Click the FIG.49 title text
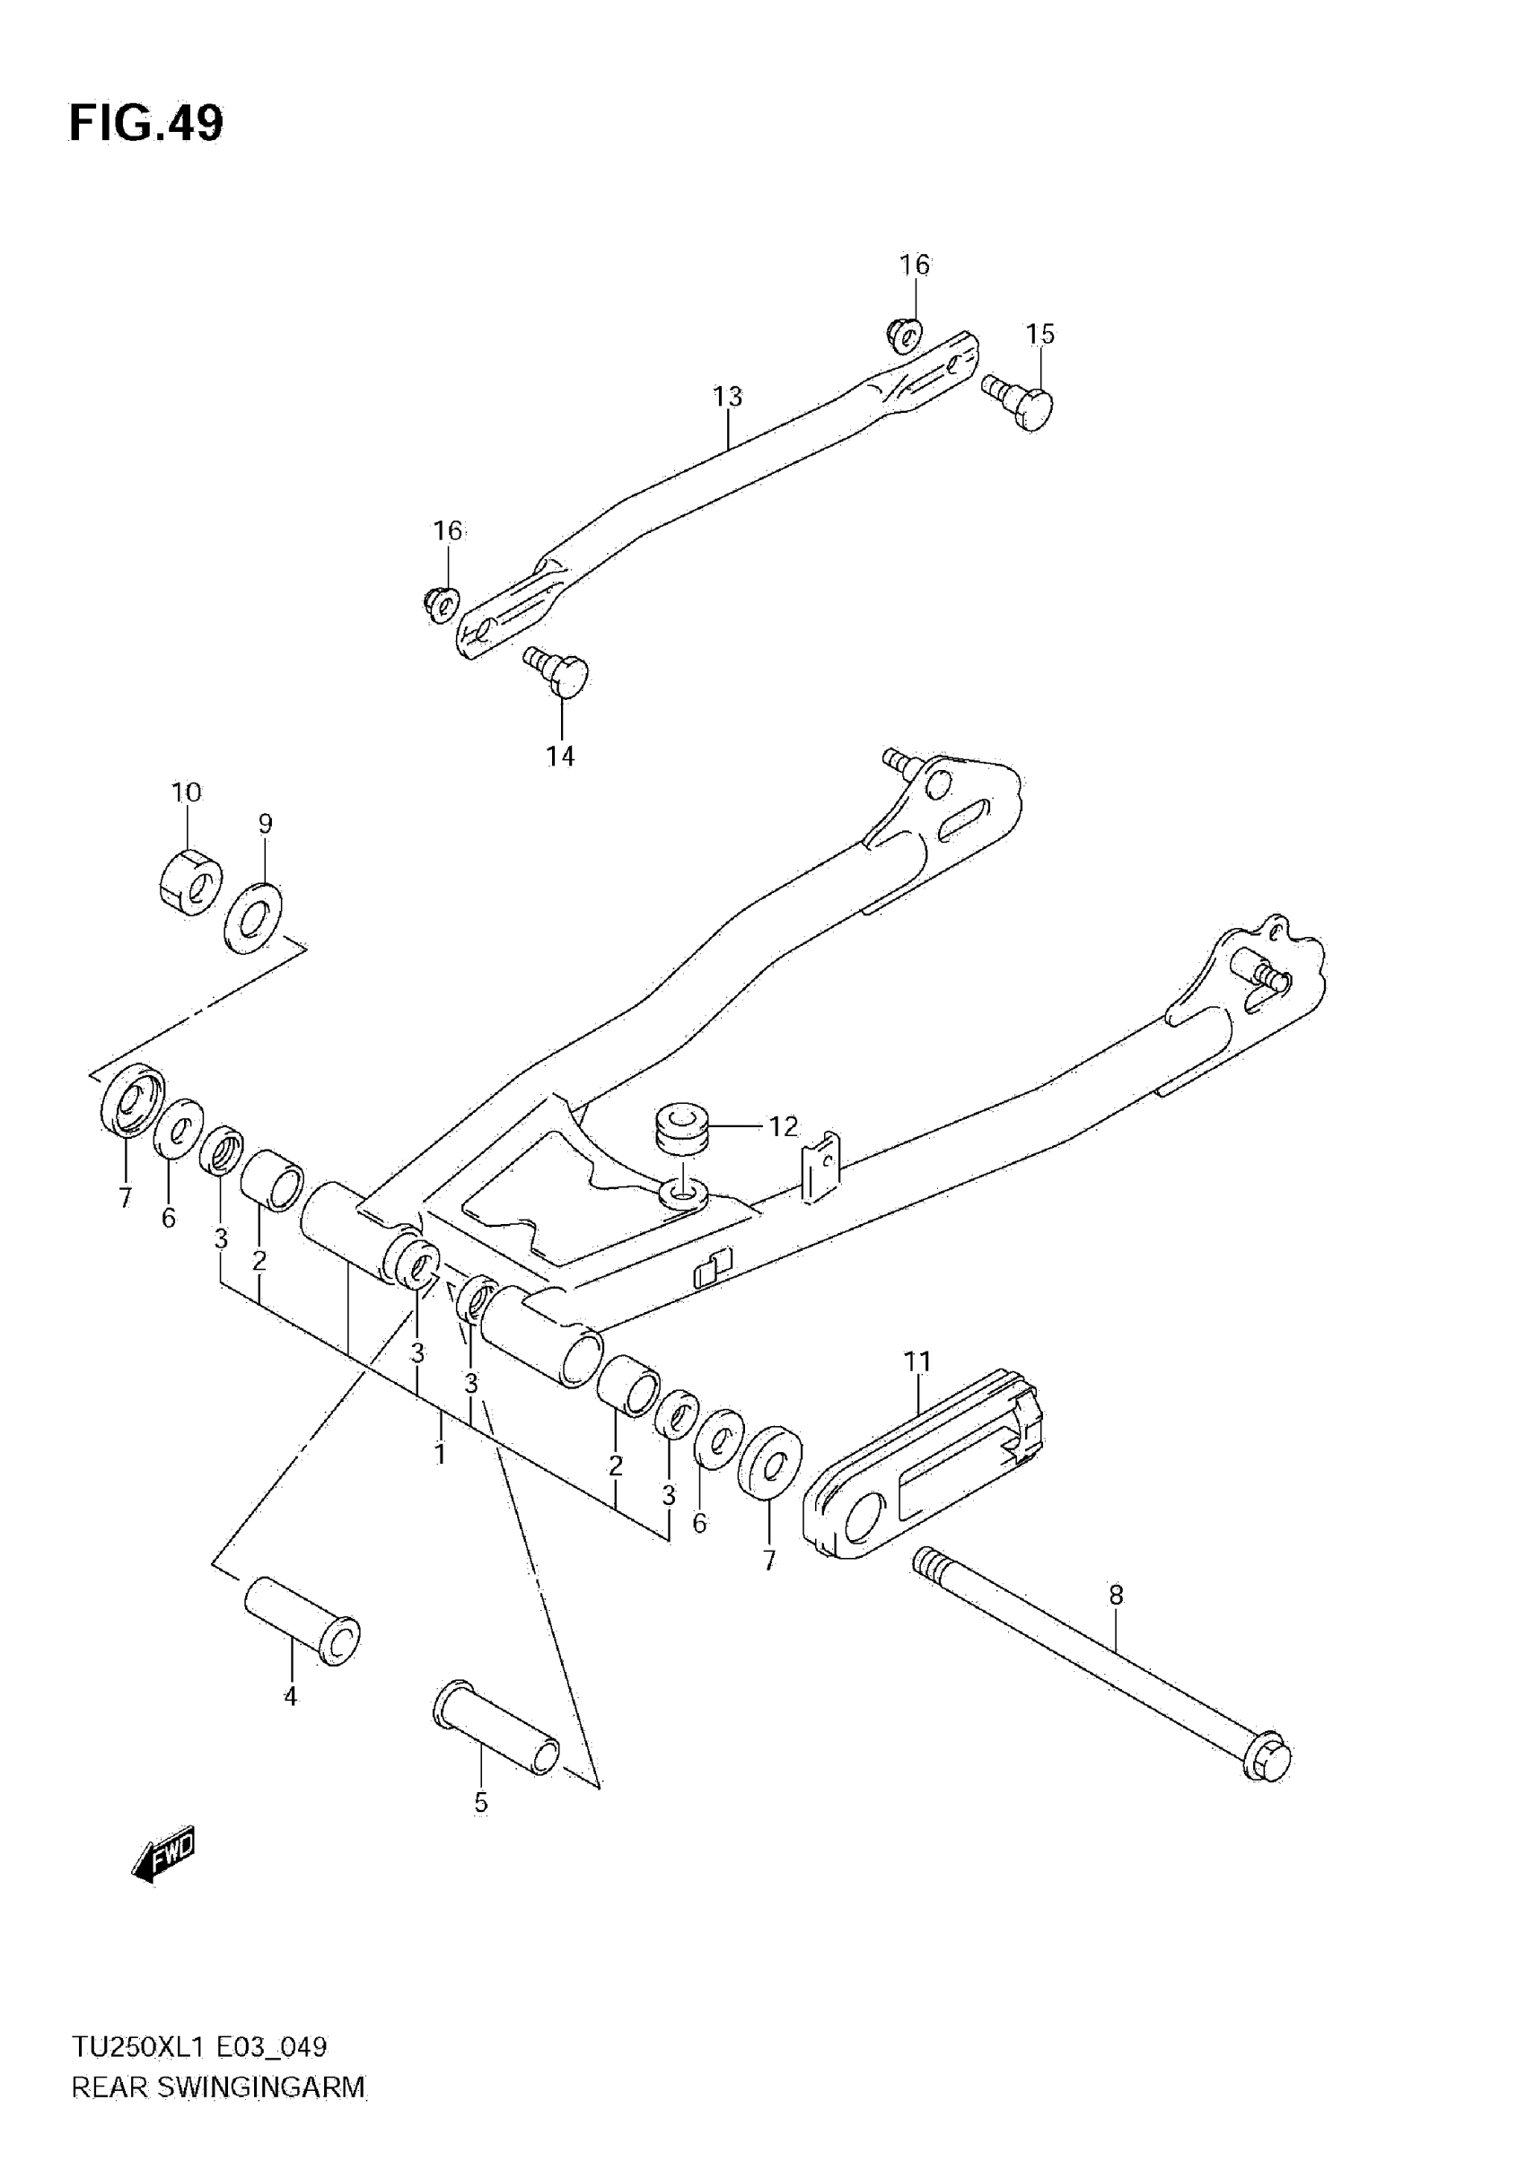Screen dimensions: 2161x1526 coord(146,123)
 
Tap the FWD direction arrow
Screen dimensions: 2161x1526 coord(163,1855)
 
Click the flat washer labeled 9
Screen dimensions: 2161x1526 coord(252,917)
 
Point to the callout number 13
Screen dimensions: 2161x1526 coord(727,397)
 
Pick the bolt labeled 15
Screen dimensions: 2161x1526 coord(1022,402)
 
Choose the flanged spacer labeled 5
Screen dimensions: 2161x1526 coord(496,1729)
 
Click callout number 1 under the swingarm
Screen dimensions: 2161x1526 coord(440,1453)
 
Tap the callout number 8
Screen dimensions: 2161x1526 coord(1116,1595)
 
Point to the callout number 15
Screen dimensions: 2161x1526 coord(1039,334)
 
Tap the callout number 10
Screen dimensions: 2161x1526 coord(187,792)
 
